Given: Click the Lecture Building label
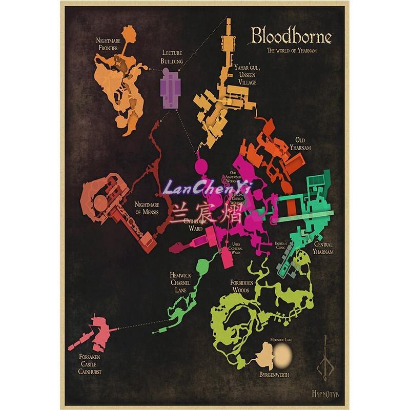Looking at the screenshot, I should coord(172,57).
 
